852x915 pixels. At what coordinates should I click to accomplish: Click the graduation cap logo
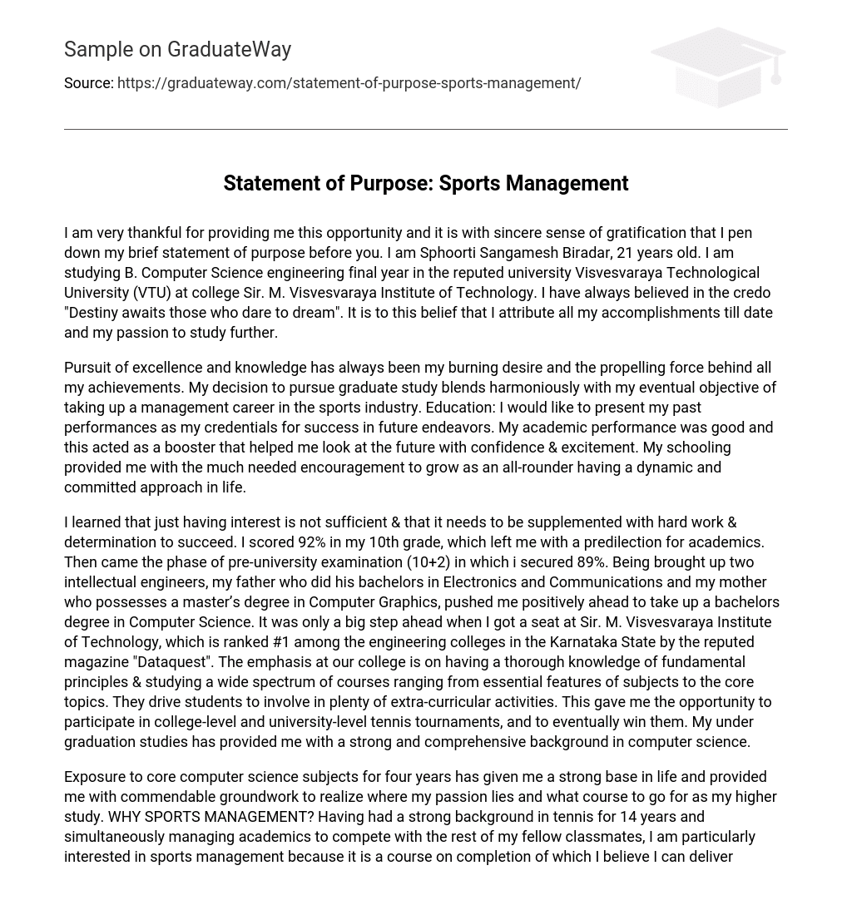click(717, 67)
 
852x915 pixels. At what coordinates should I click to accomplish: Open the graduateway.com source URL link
click(349, 83)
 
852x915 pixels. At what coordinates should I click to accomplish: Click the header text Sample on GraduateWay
click(177, 50)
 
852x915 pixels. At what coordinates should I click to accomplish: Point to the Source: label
click(88, 83)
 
